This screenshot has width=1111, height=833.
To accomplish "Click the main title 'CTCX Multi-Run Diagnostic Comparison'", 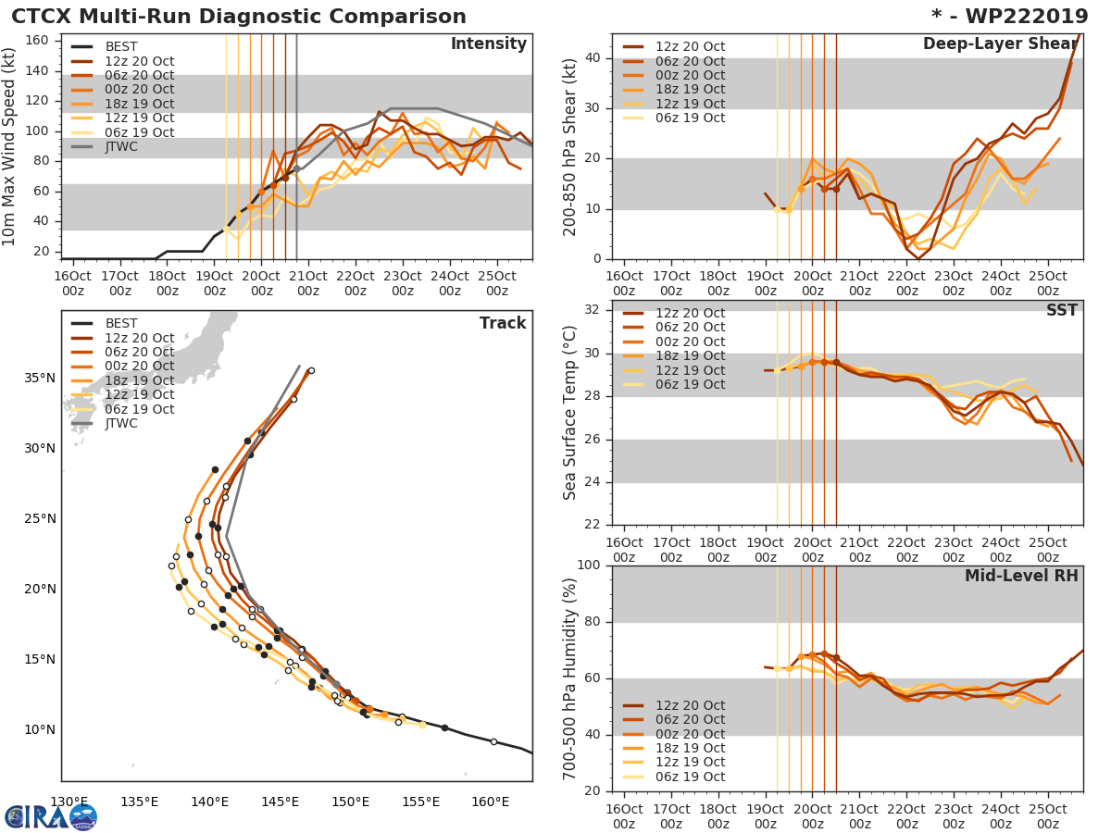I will click(239, 17).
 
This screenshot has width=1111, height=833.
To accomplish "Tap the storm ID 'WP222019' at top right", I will click(1020, 17).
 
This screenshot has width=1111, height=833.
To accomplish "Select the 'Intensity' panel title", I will click(488, 44).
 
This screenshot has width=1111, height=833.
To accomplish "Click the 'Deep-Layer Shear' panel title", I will click(1000, 44).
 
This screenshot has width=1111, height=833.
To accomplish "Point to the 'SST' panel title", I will click(1061, 310).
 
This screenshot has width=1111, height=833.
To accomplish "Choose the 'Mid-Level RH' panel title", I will click(1021, 576).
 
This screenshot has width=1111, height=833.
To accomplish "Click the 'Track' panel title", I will click(503, 323).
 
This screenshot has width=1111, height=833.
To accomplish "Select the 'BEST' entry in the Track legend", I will click(121, 323).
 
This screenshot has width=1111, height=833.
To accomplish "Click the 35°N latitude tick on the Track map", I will click(42, 378).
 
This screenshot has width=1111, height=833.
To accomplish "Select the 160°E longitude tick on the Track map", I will click(490, 802).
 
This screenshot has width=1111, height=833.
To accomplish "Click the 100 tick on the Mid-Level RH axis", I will click(588, 566).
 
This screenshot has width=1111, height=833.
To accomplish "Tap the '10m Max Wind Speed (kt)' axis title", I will click(10, 146).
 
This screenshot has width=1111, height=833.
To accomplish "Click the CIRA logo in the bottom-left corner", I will click(50, 816).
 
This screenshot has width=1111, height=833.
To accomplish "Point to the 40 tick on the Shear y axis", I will click(594, 58).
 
